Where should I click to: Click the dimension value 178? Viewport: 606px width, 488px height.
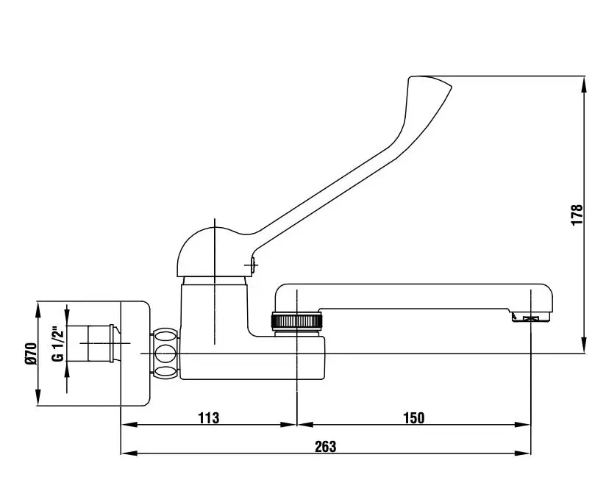click(577, 215)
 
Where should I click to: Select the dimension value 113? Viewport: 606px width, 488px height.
click(209, 417)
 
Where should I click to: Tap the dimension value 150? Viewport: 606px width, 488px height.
click(413, 417)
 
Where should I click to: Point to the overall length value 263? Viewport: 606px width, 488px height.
click(325, 447)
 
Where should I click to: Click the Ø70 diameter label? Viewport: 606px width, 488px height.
click(31, 354)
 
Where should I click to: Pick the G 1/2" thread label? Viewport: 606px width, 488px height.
click(57, 345)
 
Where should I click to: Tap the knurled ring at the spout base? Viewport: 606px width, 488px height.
click(296, 321)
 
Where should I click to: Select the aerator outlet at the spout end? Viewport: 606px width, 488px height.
click(531, 317)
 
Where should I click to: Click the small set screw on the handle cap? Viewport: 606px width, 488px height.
click(253, 265)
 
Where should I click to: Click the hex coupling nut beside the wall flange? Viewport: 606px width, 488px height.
click(165, 353)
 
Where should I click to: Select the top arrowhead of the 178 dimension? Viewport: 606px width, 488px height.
click(585, 85)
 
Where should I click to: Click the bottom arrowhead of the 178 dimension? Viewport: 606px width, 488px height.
click(585, 345)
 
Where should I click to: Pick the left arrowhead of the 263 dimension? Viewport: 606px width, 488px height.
click(130, 453)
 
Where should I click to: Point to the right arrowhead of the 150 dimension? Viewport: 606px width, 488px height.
click(522, 425)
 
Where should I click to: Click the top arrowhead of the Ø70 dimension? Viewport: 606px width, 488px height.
click(38, 309)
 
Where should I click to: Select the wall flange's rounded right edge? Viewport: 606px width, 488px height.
click(149, 354)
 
